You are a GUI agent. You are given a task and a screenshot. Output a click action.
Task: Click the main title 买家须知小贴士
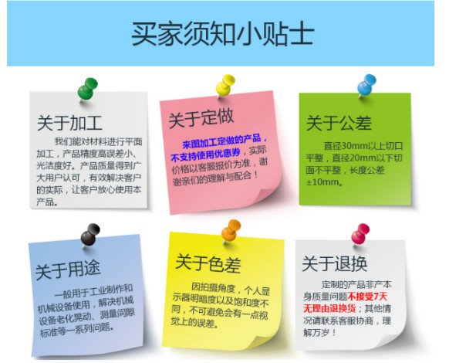(222, 34)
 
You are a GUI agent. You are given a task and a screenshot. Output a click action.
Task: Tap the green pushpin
(87, 89)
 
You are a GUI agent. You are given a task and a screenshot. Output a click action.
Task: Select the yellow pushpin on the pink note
(225, 85)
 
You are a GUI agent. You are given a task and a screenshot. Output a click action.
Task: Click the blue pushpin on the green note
(366, 85)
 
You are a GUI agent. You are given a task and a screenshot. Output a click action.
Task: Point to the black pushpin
(90, 235)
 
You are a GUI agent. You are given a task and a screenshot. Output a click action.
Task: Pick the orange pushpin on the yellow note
(231, 231)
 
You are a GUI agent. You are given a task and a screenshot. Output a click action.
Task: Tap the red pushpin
(360, 234)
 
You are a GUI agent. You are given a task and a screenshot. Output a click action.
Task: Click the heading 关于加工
(69, 123)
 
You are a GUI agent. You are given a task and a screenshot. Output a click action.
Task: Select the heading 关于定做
(201, 118)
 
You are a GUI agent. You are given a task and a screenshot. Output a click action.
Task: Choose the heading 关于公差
(339, 123)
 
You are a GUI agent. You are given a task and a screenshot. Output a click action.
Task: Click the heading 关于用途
(68, 270)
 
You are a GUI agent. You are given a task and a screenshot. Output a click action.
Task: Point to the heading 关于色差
(208, 263)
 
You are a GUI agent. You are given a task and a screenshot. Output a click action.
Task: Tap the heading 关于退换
(335, 263)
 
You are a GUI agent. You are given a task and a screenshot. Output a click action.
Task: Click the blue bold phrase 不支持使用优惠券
(206, 154)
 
